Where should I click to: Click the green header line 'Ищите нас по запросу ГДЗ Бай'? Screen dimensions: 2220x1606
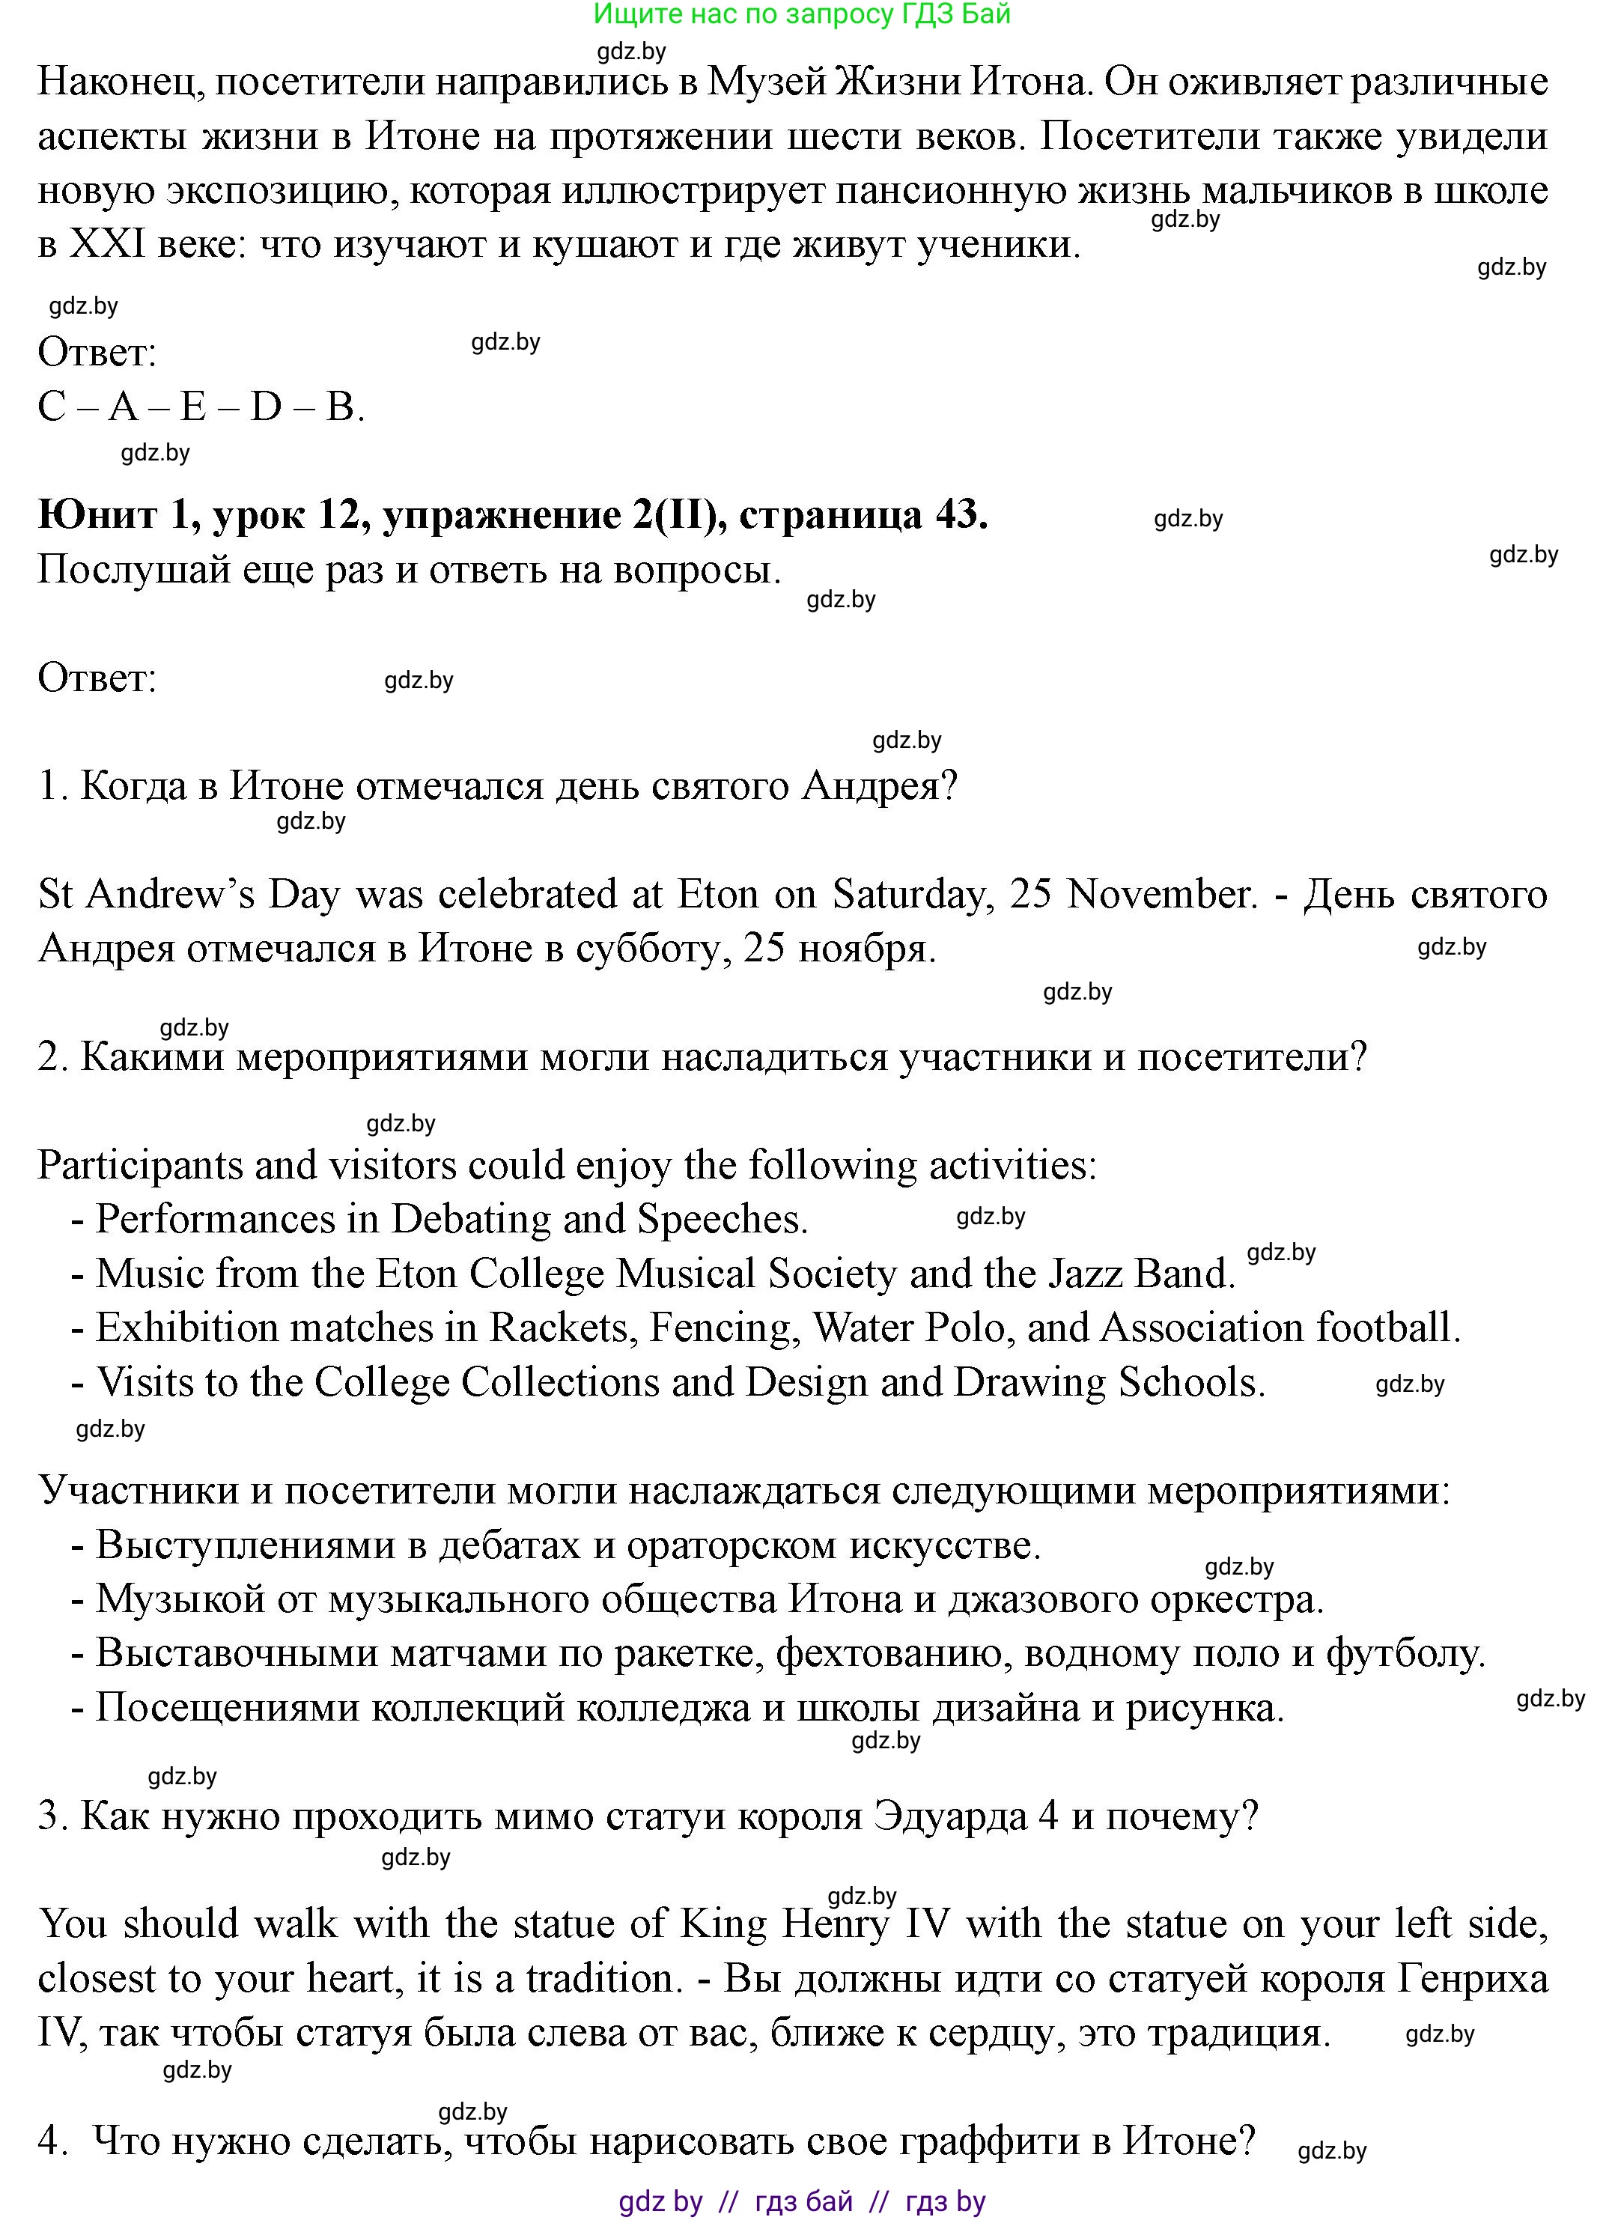802,15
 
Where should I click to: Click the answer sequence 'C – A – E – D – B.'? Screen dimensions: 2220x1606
201,407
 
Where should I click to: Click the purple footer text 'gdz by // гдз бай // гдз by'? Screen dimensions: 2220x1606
802,2202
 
